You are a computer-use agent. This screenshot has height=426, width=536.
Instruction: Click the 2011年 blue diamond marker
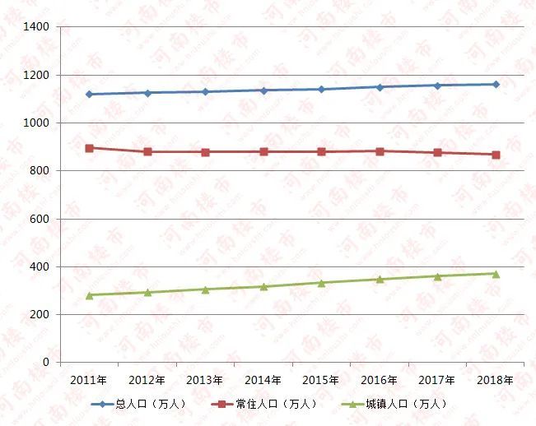[x=89, y=94]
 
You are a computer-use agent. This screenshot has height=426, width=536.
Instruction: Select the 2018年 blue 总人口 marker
[x=496, y=84]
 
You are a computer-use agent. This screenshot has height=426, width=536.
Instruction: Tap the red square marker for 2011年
[x=89, y=148]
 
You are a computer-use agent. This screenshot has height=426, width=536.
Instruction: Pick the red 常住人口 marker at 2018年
[x=496, y=155]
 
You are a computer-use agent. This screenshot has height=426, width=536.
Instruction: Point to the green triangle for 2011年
[x=89, y=294]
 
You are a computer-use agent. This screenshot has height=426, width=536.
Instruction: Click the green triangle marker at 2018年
[x=496, y=273]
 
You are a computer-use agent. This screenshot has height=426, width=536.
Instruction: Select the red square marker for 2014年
[x=263, y=151]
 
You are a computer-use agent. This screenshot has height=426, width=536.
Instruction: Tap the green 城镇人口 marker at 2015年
[x=321, y=282]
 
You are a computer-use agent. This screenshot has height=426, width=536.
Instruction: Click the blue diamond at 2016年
[x=380, y=86]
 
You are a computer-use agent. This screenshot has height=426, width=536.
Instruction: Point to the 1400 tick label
[x=37, y=27]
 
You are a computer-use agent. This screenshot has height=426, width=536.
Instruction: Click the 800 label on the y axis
[x=40, y=171]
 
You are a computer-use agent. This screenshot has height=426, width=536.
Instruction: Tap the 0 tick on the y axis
[x=46, y=363]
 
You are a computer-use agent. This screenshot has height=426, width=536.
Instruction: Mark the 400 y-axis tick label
[x=40, y=267]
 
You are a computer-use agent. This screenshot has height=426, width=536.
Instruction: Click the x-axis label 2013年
[x=205, y=380]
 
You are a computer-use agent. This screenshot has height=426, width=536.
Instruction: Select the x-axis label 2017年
[x=437, y=380]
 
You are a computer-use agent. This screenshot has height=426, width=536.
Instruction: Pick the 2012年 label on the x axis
[x=147, y=380]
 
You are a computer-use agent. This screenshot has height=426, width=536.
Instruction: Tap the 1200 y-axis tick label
[x=37, y=76]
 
